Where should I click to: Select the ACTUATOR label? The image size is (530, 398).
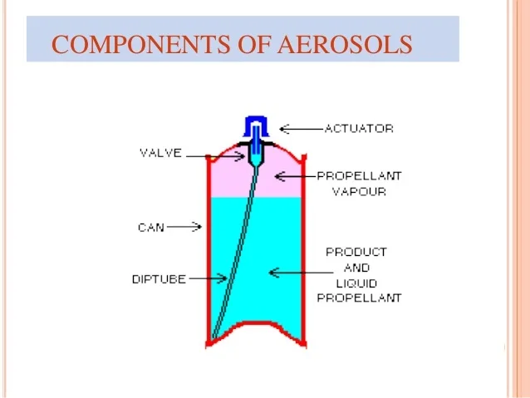tap(359, 129)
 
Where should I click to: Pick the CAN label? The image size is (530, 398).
tap(150, 226)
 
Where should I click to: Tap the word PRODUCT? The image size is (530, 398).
tap(356, 251)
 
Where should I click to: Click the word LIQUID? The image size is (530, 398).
tap(356, 282)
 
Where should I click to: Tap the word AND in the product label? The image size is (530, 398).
tap(356, 267)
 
